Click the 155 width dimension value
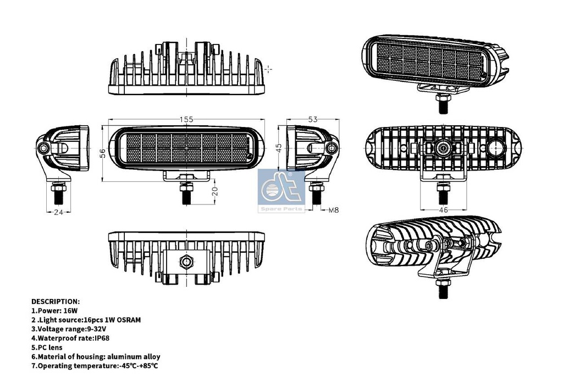pos(186,119)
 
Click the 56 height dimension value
pos(103,154)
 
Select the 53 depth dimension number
pos(313,119)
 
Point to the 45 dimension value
pos(279,148)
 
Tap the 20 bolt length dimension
pos(215,191)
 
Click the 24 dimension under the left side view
pos(58,212)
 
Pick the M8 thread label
pos(334,210)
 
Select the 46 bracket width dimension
pos(444,209)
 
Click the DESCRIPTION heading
pos(56,302)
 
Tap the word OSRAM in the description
pos(128,320)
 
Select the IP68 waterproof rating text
pos(102,338)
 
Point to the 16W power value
pos(70,311)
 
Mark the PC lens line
pos(47,347)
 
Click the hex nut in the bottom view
pos(186,261)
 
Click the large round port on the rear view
pos(496,148)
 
